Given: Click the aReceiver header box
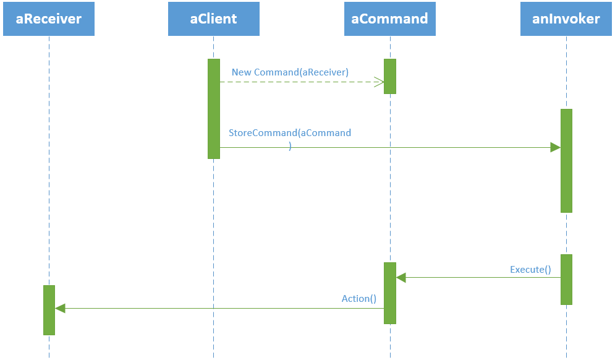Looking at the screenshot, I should tap(49, 19).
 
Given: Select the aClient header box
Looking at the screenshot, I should tap(213, 19).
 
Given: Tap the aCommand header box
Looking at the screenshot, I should tap(389, 19).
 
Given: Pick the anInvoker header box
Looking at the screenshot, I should tap(566, 19).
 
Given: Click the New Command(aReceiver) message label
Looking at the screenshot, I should tap(290, 72).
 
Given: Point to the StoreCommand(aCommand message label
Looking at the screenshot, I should tap(290, 133).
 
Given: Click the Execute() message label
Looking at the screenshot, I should tap(530, 270).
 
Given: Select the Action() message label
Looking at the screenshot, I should tap(359, 299).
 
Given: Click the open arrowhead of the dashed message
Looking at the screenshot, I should tap(379, 82).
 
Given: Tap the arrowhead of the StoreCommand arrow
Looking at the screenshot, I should tap(555, 147).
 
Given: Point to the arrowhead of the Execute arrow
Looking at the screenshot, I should tap(401, 278).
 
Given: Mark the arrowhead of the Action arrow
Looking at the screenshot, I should tap(60, 308).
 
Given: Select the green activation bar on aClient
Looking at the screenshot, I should tap(213, 108).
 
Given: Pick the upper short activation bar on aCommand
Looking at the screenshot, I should tap(389, 76).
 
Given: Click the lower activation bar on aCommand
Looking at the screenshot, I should tap(389, 293).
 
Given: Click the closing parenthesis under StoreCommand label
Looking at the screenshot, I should tap(290, 147).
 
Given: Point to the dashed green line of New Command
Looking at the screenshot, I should tap(297, 82).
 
